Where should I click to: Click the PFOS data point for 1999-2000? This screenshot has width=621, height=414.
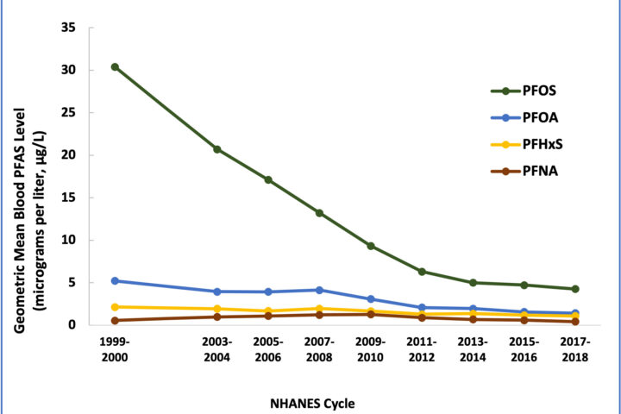point(115,67)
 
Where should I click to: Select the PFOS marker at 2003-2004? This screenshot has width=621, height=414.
point(217,149)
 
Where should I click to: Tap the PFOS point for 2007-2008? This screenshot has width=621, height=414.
point(319,213)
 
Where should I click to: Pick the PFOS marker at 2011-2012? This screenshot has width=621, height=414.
point(422,272)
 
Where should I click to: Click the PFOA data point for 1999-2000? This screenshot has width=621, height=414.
point(115,280)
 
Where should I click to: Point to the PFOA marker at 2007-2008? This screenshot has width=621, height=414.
point(319,290)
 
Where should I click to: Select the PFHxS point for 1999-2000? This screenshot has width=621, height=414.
point(115,307)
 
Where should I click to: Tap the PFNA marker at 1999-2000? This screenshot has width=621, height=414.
point(115,321)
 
